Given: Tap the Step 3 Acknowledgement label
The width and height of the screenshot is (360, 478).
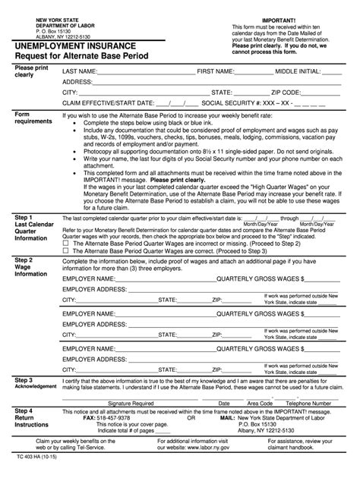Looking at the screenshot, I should coord(30,383).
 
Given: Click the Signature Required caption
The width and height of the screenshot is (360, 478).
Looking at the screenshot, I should coord(131,404).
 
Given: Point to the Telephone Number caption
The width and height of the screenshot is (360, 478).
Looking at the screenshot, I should coord(307,404).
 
